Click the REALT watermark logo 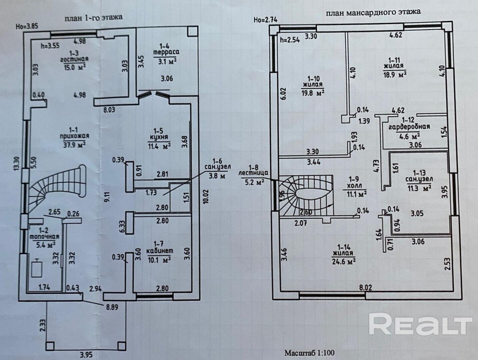[x=421, y=324]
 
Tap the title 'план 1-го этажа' [x=94, y=17]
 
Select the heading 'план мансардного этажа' [x=373, y=13]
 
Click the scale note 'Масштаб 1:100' [x=309, y=353]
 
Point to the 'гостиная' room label [x=74, y=60]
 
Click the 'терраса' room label [x=166, y=52]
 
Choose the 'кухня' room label [x=159, y=137]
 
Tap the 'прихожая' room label [x=74, y=136]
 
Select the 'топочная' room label [x=44, y=237]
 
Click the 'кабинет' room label [x=160, y=251]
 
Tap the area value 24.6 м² [x=344, y=261]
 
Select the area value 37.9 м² [x=74, y=144]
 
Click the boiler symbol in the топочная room [x=37, y=268]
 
